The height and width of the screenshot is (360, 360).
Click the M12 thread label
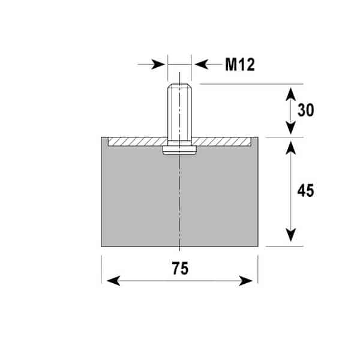(x=240, y=65)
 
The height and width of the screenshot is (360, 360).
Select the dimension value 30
(x=305, y=110)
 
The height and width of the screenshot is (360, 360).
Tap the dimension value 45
(x=305, y=190)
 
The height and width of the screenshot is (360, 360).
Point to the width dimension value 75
(x=181, y=268)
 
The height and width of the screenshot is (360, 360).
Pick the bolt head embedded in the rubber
(x=179, y=151)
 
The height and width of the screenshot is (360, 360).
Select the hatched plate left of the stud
(x=138, y=142)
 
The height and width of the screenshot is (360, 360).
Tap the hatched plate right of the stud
(x=221, y=142)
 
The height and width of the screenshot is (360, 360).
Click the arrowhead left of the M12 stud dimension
(x=158, y=65)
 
